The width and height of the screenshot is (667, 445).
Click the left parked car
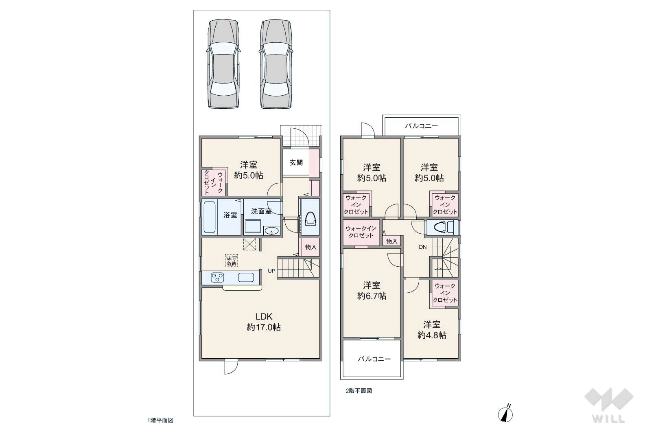point(223,64)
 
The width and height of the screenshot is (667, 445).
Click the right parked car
point(276,64)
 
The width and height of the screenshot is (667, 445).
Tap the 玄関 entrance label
point(296,162)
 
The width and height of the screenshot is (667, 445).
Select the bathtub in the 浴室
point(210,217)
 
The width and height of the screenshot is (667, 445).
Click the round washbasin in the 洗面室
point(271,231)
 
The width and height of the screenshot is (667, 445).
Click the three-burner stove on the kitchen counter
point(217,278)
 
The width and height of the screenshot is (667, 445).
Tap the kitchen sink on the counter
point(246,278)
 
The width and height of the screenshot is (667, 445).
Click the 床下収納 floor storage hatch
point(232,261)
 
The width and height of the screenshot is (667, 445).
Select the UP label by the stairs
point(271,271)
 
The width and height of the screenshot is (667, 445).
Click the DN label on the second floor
point(422,247)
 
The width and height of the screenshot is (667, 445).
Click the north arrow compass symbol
point(505,413)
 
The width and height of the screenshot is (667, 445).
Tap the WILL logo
point(609,405)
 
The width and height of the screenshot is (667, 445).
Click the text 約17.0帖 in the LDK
point(264,327)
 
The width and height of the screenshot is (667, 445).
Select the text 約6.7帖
point(372,296)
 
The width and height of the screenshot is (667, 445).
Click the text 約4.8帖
point(432,335)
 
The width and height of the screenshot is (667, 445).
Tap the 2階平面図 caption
point(359,391)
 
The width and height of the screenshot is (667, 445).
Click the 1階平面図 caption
point(160,420)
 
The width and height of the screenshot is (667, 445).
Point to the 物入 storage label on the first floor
point(311,247)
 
